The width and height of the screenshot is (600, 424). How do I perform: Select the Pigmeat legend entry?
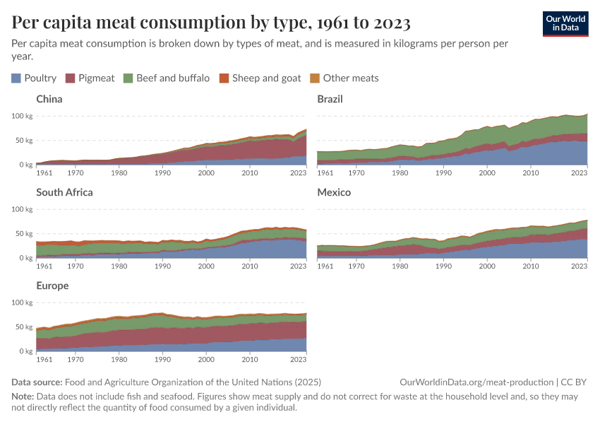(x=90, y=78)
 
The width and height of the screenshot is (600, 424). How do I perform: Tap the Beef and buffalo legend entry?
(x=166, y=78)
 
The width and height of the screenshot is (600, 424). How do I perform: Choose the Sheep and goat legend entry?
(x=260, y=78)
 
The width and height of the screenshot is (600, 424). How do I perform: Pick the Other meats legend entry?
(x=344, y=78)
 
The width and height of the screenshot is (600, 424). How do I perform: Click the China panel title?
(x=49, y=99)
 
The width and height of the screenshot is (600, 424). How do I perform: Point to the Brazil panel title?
(x=330, y=99)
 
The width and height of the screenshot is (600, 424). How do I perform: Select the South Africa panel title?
(x=64, y=192)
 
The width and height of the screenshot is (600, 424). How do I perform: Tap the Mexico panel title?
(x=334, y=192)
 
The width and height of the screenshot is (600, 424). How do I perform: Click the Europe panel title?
(x=53, y=285)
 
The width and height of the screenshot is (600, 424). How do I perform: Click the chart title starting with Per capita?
(x=211, y=23)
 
